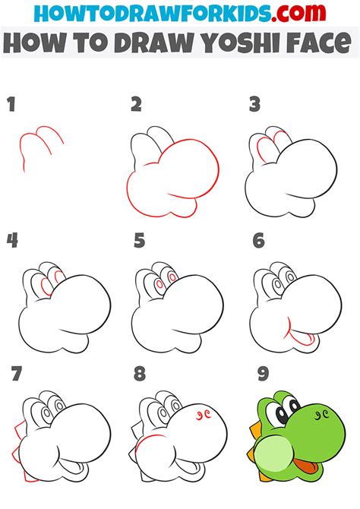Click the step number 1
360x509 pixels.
pos(11,105)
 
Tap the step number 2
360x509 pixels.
pos(137,105)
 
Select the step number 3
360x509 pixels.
pos(255,105)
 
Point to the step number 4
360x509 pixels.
pos(12,241)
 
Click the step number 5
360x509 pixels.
pos(139,241)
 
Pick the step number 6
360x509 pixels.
pos(259,241)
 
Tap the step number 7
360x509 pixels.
pos(16,373)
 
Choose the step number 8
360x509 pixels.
pos(140,373)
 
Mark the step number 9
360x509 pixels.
pos(264,373)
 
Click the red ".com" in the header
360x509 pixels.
pos(298,13)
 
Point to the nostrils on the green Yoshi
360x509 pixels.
pos(322,414)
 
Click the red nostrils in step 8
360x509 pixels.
pos(204,415)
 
